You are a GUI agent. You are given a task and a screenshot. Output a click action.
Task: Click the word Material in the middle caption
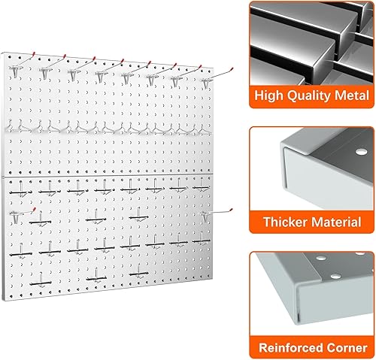(335, 223)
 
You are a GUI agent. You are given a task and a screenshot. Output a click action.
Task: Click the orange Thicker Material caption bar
(311, 223)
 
